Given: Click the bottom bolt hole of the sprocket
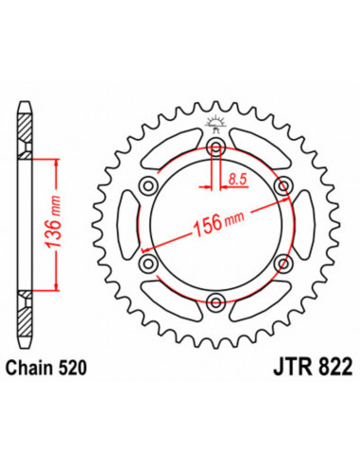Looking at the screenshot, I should (217, 301).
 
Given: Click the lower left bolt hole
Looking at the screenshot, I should (150, 263).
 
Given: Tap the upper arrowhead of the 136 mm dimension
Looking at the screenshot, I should (59, 164).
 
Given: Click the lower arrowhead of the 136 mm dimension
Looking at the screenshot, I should (59, 287).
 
